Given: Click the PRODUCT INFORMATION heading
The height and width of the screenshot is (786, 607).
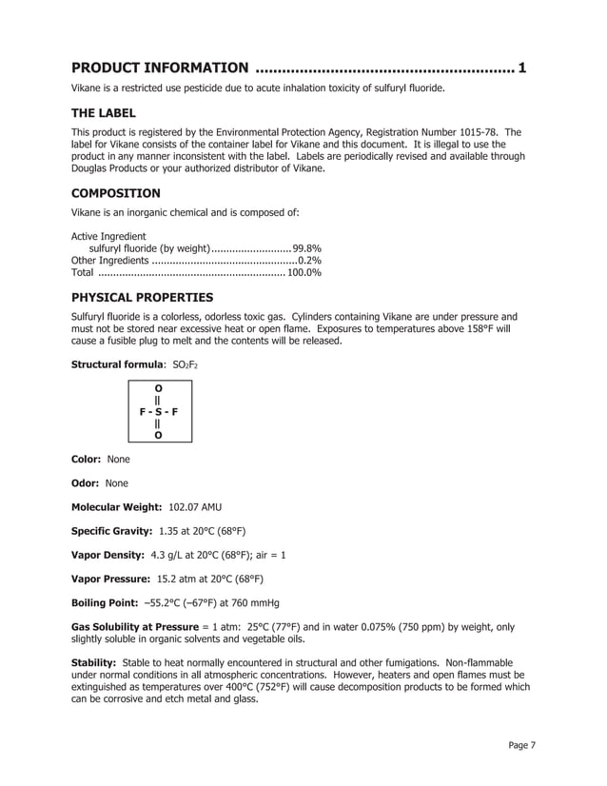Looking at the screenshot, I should [x=160, y=68].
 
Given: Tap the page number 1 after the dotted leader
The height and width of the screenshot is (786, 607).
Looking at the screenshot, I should [x=522, y=68].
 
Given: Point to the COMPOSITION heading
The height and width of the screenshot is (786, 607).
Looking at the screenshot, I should [x=116, y=193].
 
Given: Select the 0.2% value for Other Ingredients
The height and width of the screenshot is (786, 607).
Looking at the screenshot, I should [x=309, y=260].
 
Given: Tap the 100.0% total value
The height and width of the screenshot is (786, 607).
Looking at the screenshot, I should [x=303, y=272].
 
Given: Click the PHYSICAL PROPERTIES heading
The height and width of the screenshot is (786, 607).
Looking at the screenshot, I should [x=143, y=297].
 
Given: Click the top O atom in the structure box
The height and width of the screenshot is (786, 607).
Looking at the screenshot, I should [x=157, y=388].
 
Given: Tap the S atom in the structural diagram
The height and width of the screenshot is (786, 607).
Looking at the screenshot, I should [x=157, y=412].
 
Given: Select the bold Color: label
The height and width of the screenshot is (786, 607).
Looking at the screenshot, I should [x=88, y=459].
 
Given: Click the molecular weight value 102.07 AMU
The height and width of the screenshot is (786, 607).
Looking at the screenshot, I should [x=195, y=506].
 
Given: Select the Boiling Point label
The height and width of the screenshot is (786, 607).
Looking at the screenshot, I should [x=105, y=602].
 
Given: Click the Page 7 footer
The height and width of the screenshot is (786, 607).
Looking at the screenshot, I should [x=520, y=745].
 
